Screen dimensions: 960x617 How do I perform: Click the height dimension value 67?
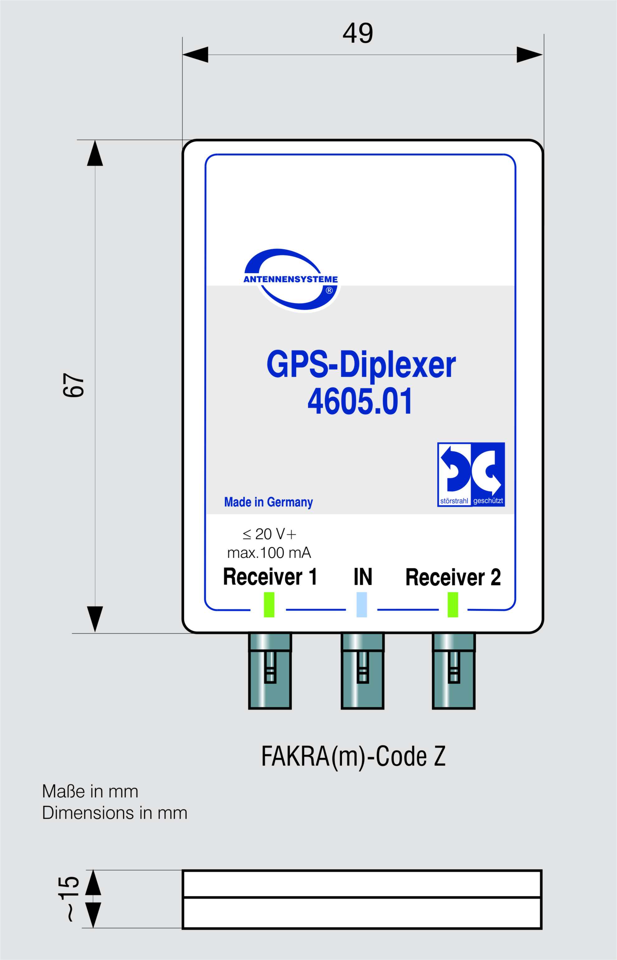click(74, 385)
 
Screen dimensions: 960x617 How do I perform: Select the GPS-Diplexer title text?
click(361, 365)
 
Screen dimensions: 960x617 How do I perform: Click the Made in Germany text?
click(268, 502)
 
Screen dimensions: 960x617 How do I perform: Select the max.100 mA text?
click(269, 553)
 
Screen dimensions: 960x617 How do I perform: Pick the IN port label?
click(363, 577)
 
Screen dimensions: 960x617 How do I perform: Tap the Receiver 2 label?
click(453, 577)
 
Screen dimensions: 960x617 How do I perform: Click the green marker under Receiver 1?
click(269, 605)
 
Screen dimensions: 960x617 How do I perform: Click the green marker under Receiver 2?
click(453, 605)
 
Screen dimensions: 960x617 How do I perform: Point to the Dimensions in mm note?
click(115, 813)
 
